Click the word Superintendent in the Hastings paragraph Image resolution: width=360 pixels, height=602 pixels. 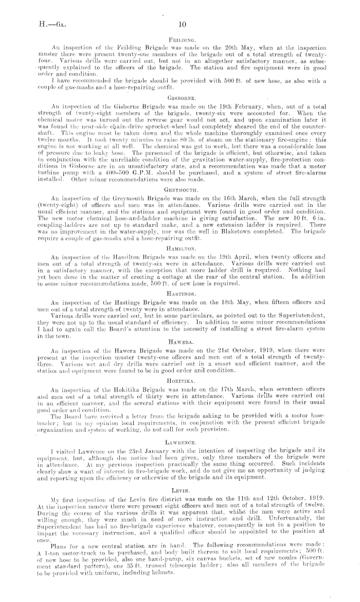pyautogui.click(x=308, y=314)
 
